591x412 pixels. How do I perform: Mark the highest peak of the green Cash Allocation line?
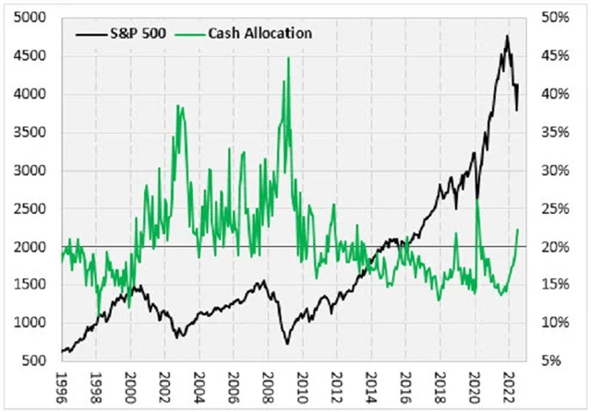pyautogui.click(x=288, y=58)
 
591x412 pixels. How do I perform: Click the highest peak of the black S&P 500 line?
pyautogui.click(x=507, y=36)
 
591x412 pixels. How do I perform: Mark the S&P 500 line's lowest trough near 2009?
pyautogui.click(x=287, y=344)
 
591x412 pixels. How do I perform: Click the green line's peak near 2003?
pyautogui.click(x=177, y=107)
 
